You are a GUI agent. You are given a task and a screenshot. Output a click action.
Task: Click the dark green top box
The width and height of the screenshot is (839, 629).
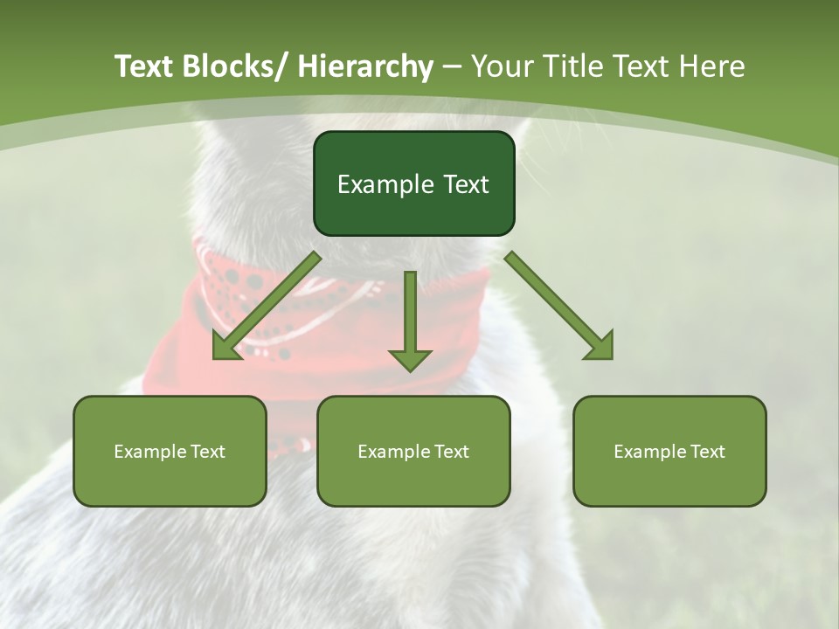(413, 183)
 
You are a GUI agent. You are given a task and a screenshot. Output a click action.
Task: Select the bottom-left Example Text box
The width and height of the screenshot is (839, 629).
(170, 451)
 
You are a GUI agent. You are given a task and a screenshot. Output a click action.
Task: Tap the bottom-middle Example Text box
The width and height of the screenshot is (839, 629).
(413, 451)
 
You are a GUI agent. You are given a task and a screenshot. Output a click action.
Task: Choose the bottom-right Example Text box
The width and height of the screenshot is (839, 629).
(669, 451)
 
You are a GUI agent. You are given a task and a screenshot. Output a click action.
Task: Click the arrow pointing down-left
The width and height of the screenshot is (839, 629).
(267, 307)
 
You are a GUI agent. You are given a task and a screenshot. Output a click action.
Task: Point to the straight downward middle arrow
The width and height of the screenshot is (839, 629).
(410, 320)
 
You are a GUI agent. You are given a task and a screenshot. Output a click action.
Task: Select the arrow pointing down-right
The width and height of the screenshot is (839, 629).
(559, 306)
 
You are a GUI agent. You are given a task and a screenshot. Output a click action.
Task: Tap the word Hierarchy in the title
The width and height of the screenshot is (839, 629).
(365, 67)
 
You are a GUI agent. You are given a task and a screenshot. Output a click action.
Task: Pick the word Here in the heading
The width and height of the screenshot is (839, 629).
(711, 66)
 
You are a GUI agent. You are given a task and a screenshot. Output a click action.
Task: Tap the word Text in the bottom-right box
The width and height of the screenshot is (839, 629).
(706, 452)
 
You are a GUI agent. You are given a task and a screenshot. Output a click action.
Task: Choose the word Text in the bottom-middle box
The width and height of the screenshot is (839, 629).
(450, 452)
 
